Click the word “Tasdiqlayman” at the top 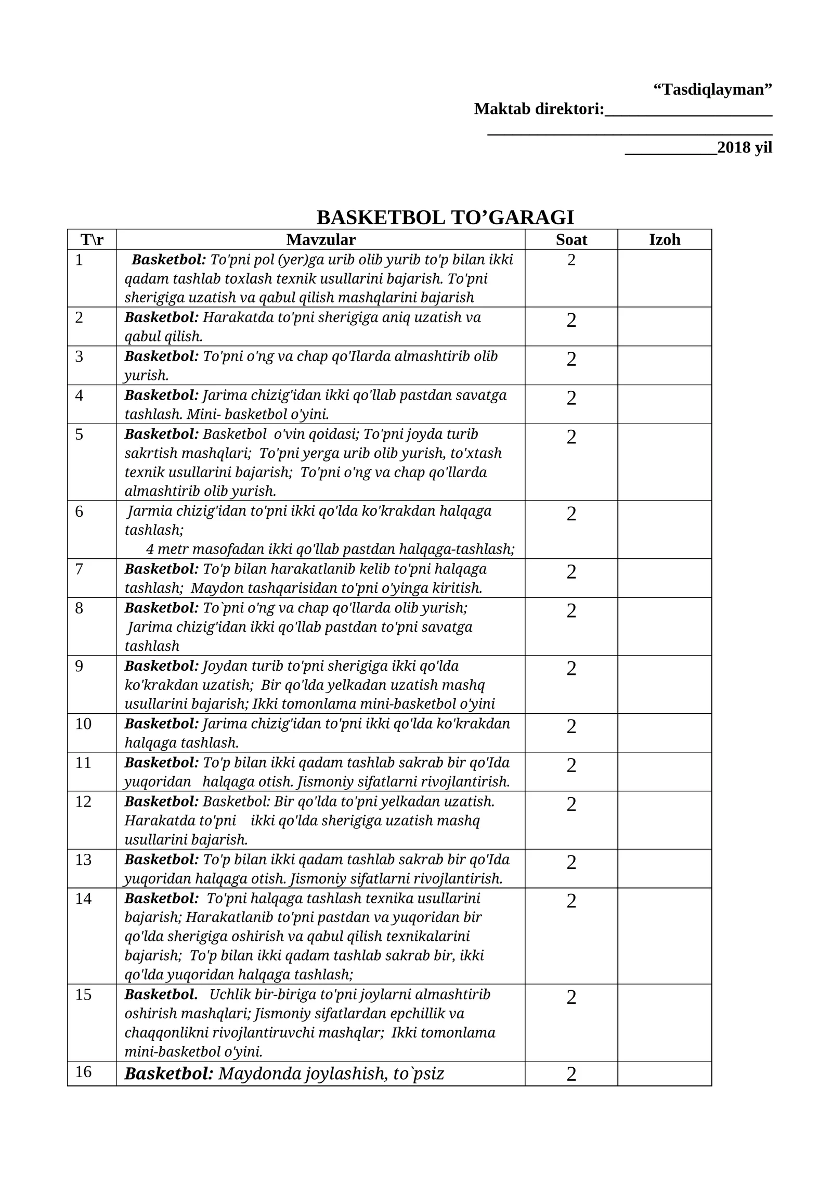(712, 89)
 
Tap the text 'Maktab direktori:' (539, 109)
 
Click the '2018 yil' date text (745, 148)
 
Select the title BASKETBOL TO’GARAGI (445, 218)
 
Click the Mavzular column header (321, 239)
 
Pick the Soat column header (571, 239)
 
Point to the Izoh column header (665, 239)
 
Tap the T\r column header (92, 239)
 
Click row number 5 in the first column (79, 434)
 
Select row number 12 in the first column (83, 801)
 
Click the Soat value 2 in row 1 (571, 260)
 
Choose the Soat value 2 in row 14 (571, 901)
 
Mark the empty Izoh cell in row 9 (665, 684)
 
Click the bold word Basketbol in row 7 (161, 569)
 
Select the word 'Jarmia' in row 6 (150, 511)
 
